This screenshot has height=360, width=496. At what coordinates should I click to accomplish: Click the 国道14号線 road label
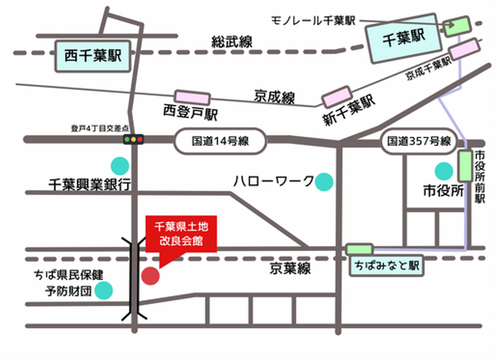[x=221, y=141]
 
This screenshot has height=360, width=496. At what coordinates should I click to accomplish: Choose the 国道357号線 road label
[x=418, y=141]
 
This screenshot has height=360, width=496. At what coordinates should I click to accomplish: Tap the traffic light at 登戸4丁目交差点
[x=134, y=139]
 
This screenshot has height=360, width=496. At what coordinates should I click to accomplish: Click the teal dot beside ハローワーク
[x=324, y=182]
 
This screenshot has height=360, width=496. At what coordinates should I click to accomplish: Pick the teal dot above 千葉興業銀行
[x=119, y=166]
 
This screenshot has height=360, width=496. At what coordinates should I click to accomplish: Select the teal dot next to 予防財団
[x=104, y=291]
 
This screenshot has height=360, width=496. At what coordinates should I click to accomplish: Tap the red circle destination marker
[x=150, y=276]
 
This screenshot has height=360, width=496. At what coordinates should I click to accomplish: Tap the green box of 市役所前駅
[x=465, y=166]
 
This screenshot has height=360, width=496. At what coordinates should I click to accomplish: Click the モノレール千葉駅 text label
[x=313, y=21]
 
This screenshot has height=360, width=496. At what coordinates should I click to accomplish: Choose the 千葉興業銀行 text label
[x=89, y=185]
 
